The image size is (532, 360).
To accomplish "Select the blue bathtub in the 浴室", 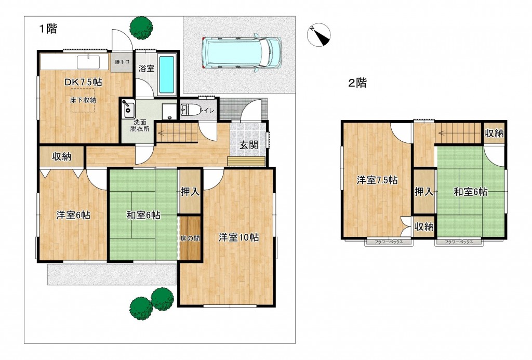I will point(166,75).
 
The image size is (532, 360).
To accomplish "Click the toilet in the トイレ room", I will point(190,110).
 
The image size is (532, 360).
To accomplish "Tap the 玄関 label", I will point(249,145).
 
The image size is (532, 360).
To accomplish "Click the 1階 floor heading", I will point(47,29).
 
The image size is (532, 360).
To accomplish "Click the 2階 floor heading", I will point(357,83).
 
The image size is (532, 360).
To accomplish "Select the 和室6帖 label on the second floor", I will point(470,192).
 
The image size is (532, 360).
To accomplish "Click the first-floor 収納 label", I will point(62,156).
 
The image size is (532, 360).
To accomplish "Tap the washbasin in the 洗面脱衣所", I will point(127,110).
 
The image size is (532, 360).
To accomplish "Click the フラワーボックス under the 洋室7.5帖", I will point(388,242).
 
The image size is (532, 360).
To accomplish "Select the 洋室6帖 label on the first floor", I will point(73,215).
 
